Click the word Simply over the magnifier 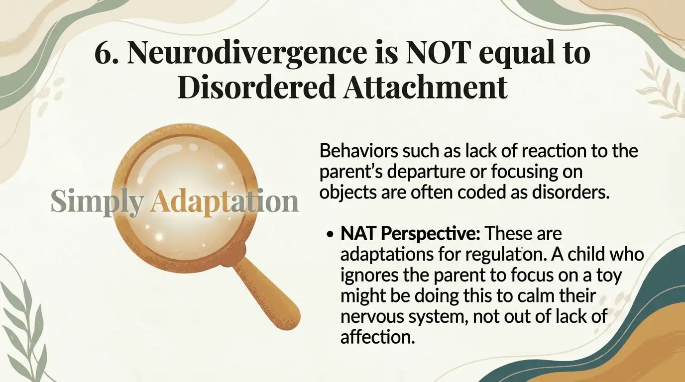click(x=97, y=202)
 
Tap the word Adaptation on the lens click(x=224, y=202)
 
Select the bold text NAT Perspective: click(x=410, y=233)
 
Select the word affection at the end click(x=377, y=337)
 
